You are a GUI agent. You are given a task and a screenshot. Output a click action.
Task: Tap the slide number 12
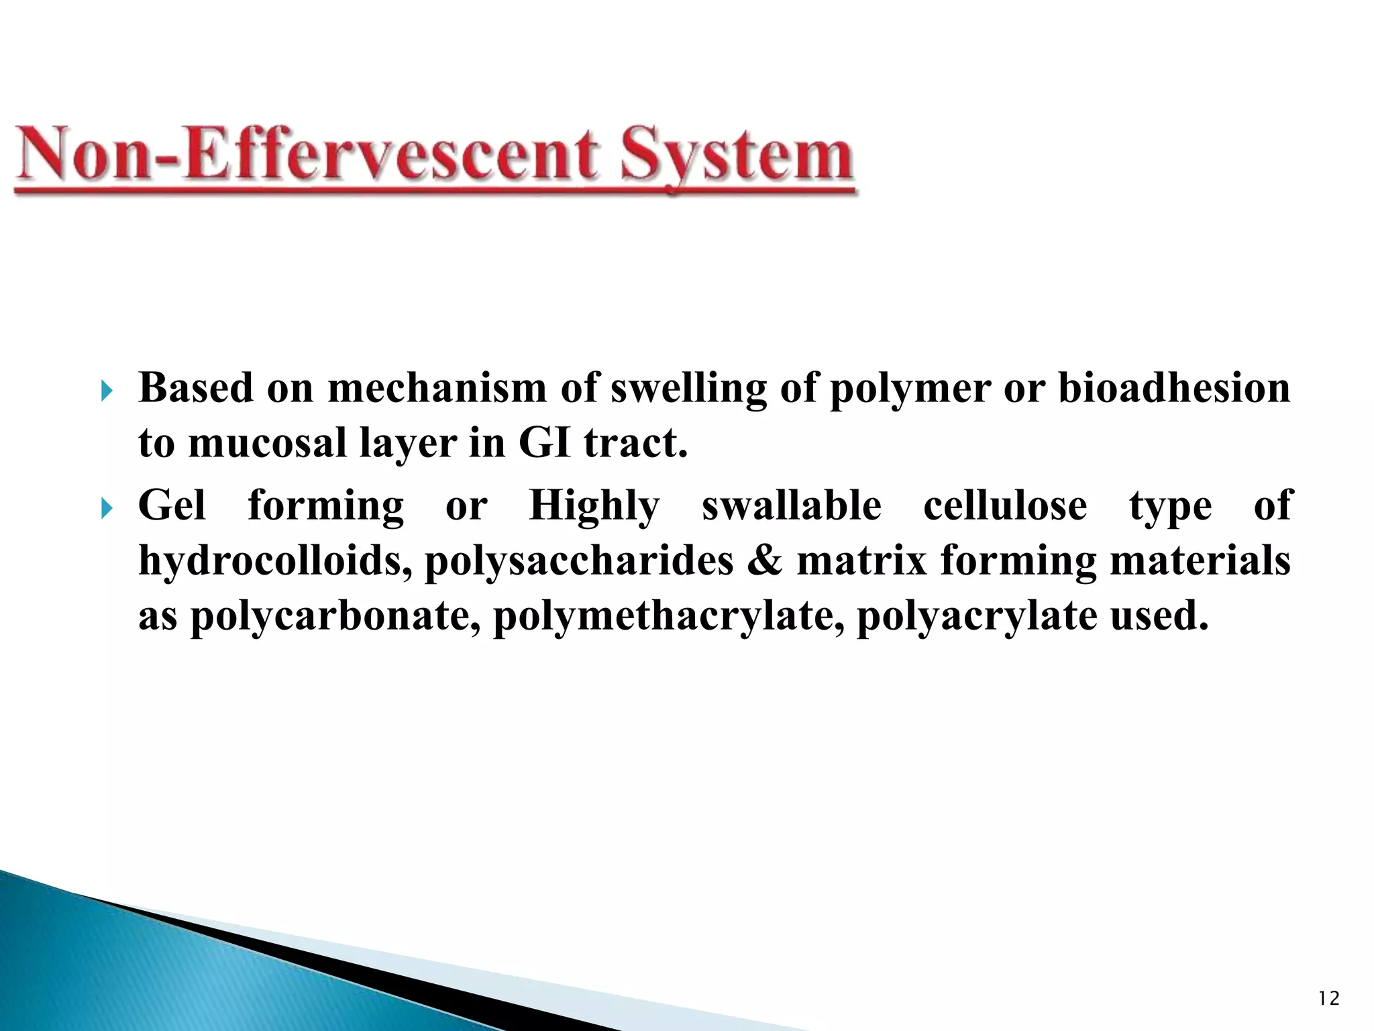(1328, 999)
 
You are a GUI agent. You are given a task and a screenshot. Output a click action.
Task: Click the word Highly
(594, 507)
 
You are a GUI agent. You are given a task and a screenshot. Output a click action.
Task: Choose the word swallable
(792, 505)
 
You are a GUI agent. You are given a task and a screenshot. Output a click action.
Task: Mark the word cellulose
(1005, 505)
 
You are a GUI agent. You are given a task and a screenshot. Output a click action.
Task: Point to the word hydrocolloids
(275, 560)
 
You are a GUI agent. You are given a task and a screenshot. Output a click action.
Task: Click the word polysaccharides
(580, 562)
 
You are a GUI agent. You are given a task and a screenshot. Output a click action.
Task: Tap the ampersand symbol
(764, 560)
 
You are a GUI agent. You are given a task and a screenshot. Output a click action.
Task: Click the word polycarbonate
(335, 616)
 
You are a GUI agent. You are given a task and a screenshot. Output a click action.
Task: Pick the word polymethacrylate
(668, 616)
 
